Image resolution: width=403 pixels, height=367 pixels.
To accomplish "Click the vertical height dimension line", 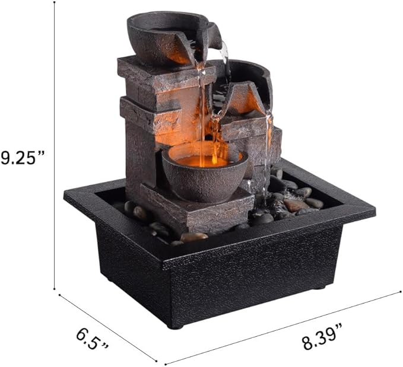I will pos(55,148).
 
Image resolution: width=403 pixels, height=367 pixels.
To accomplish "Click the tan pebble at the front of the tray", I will pos(195,237).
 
